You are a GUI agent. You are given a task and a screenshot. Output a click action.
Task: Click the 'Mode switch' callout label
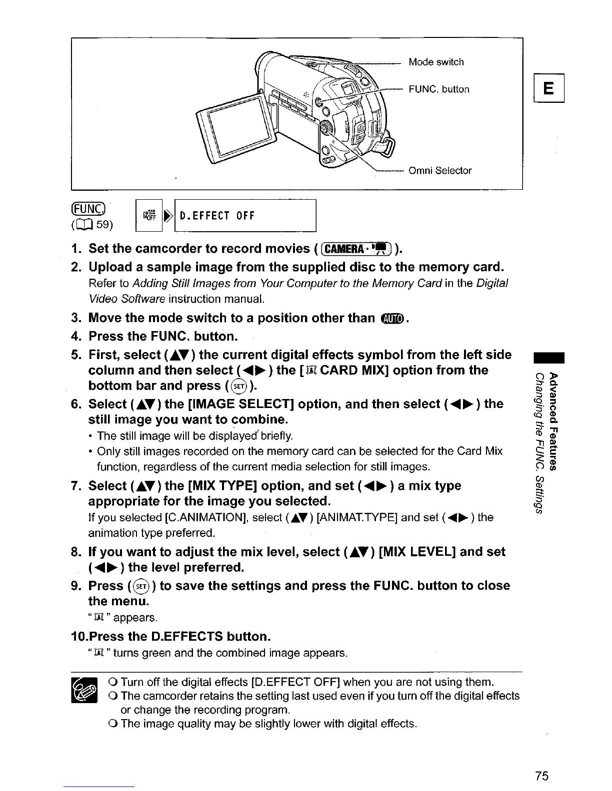pos(436,62)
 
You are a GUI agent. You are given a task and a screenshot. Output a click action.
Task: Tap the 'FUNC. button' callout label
pos(439,90)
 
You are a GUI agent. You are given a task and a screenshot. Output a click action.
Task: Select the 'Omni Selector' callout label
pos(440,171)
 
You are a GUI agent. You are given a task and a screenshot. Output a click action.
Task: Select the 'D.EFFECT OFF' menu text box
pos(245,216)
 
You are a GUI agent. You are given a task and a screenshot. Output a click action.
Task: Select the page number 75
pos(541,776)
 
